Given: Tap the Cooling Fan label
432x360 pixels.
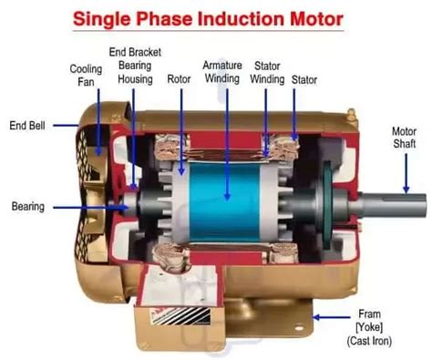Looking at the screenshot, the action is (x=86, y=76).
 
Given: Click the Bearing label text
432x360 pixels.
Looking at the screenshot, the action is (x=27, y=207).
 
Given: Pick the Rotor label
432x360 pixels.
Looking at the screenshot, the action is (x=179, y=79).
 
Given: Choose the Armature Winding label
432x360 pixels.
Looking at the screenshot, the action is (x=221, y=73).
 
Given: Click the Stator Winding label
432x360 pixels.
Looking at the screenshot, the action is (x=267, y=73).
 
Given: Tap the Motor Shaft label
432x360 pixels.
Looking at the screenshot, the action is (x=404, y=138).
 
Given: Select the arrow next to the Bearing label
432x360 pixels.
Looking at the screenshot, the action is (x=87, y=208).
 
